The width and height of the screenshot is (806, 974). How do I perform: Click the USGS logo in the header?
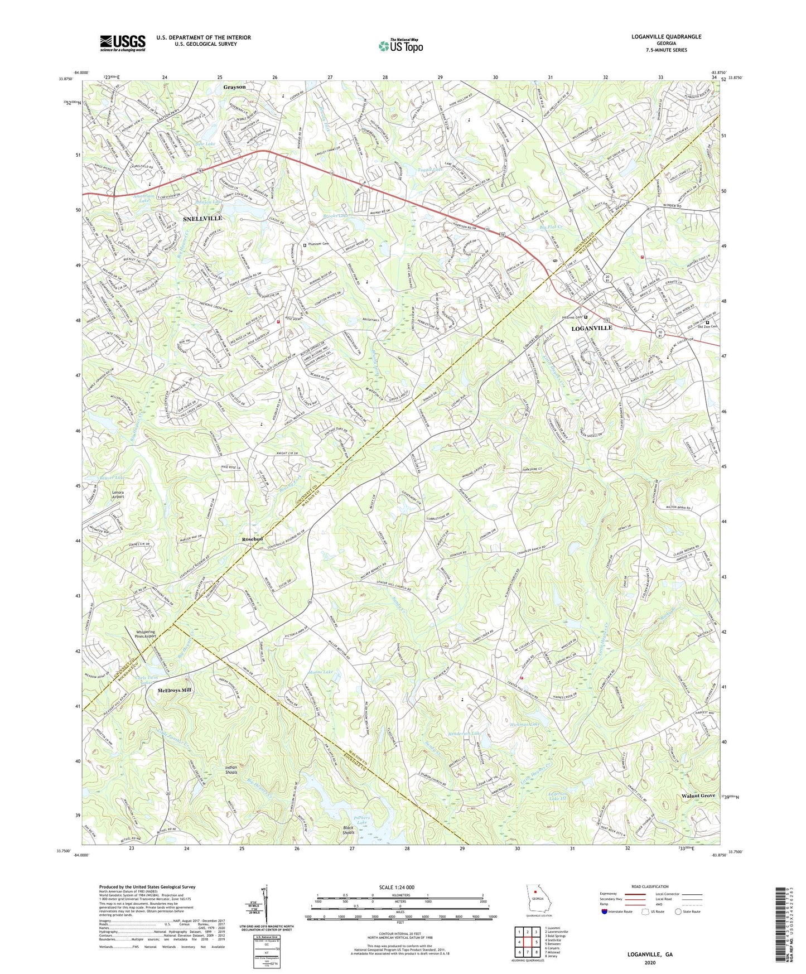pos(123,43)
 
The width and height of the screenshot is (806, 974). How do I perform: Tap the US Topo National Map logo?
pos(400,46)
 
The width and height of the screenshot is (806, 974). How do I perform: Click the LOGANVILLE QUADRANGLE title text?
pos(666,37)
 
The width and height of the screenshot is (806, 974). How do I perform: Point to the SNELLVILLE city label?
pos(202,218)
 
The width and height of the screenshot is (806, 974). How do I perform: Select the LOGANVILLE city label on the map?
pos(592,328)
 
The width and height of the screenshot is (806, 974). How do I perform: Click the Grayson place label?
pos(234,88)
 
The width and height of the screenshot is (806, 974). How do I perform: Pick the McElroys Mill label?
pos(174,690)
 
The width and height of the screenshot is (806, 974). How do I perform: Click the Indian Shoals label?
pos(231,770)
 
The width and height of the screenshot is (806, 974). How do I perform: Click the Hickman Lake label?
pos(525,724)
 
